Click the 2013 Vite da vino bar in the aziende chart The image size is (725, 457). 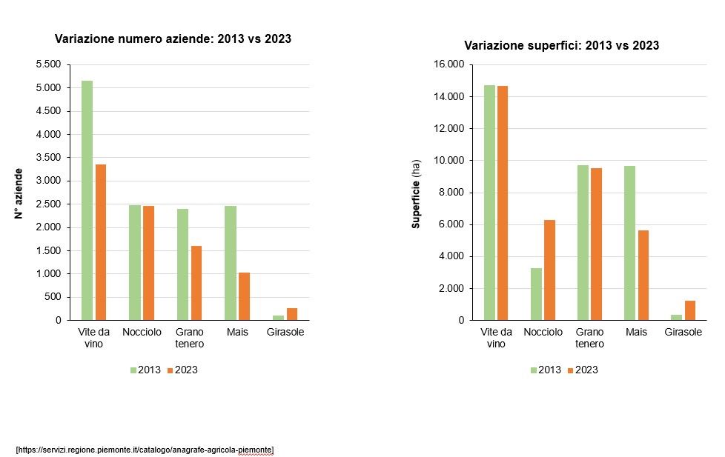coord(87,200)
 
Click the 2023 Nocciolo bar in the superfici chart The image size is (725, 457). coord(549,270)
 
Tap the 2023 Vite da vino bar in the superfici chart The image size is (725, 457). coord(503,203)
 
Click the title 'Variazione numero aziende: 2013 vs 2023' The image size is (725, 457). coord(173,39)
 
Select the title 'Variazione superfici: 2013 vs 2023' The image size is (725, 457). coord(561,46)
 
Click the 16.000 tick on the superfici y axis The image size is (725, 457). coord(448,65)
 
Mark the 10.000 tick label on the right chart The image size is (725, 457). coord(448,161)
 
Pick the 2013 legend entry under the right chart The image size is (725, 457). coord(546,370)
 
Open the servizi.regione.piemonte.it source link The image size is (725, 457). coord(145,450)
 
